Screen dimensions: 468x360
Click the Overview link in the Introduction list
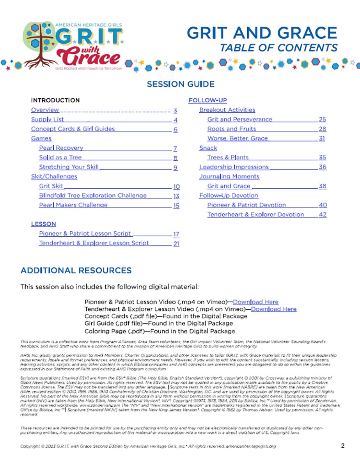tap(45, 110)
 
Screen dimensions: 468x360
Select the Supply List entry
tap(47, 119)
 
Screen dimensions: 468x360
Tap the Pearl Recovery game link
tap(61, 148)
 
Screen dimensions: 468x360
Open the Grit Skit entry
tap(51, 186)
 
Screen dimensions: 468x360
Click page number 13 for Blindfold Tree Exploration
tap(176, 196)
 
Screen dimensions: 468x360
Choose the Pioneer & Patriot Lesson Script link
tap(85, 234)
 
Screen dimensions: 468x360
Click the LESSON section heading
tap(44, 224)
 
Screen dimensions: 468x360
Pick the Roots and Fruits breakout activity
tap(231, 129)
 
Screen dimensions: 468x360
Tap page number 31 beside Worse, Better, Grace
tap(322, 138)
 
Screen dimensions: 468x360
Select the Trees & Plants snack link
tap(228, 158)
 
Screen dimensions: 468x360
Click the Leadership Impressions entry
tap(234, 167)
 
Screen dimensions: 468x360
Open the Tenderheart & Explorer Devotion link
tap(255, 214)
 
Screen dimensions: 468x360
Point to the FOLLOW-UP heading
tap(207, 100)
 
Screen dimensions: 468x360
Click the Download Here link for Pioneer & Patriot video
tap(256, 302)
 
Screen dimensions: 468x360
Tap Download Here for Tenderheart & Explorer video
tap(274, 309)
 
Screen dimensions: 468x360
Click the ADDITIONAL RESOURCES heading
tap(76, 271)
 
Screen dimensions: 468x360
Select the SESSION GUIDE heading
tap(180, 84)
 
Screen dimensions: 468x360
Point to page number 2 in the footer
tap(342, 446)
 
